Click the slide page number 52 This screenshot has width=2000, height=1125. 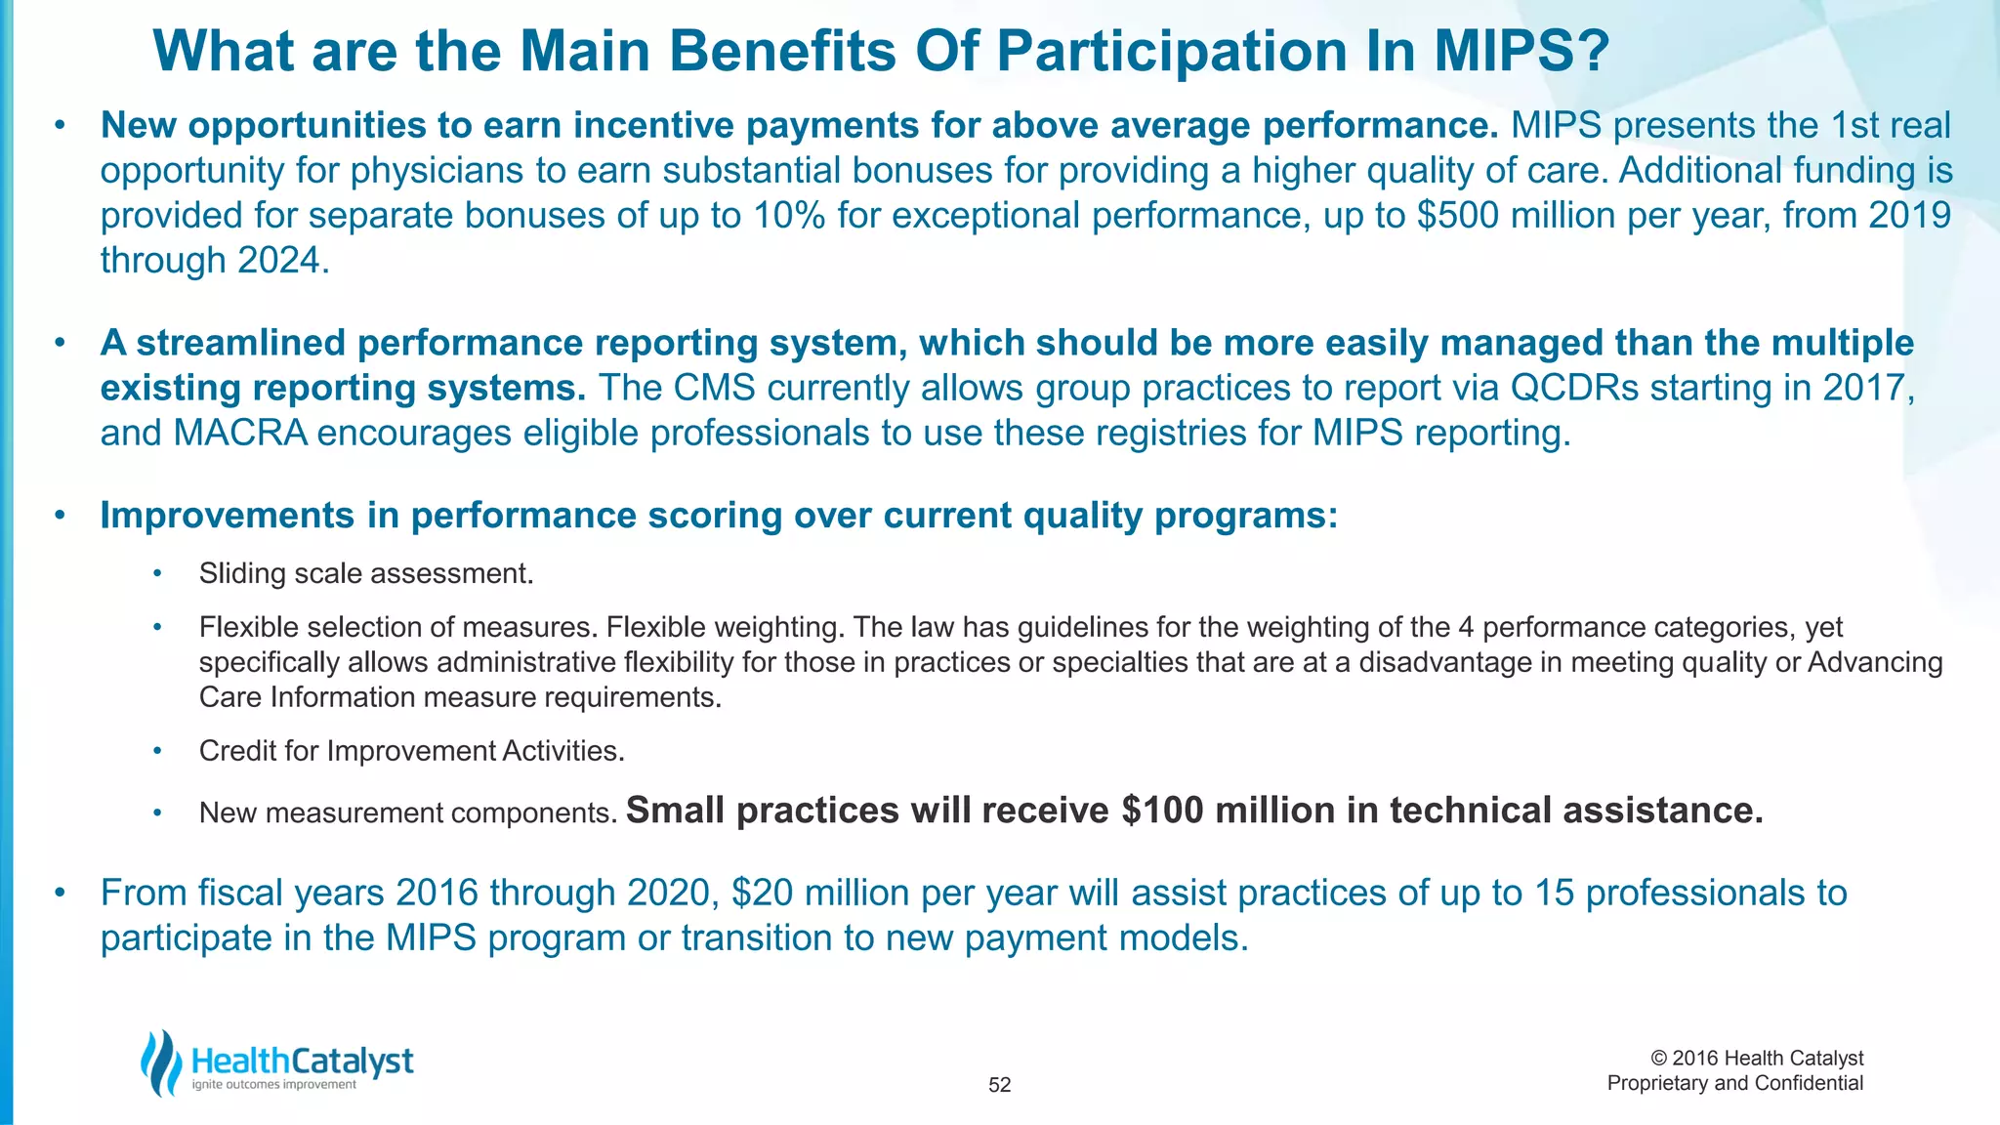click(x=999, y=1085)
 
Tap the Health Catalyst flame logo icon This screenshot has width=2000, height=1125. click(x=162, y=1062)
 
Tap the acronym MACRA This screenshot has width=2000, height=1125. click(x=240, y=434)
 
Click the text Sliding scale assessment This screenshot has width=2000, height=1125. click(x=366, y=573)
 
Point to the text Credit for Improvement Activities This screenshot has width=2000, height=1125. click(x=411, y=751)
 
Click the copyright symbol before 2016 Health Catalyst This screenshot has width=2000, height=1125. click(x=1658, y=1059)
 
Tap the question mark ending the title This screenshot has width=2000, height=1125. click(x=1592, y=52)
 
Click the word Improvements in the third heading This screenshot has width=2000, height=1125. click(x=227, y=516)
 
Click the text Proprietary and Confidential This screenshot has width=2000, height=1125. click(x=1734, y=1083)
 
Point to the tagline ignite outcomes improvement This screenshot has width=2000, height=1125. click(x=274, y=1085)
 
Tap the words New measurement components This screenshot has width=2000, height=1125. click(x=407, y=812)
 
